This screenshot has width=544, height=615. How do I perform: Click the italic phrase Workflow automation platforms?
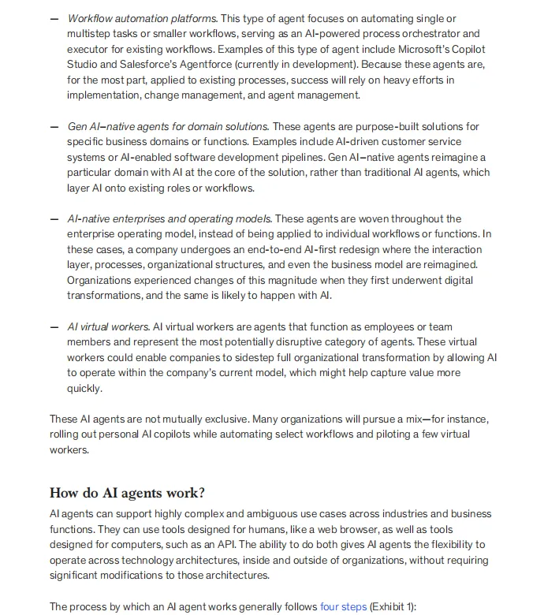tap(142, 18)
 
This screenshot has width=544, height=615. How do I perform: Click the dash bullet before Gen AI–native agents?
tap(54, 127)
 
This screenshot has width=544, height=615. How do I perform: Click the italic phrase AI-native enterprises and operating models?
tap(170, 218)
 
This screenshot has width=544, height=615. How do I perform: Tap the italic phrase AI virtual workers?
tap(108, 326)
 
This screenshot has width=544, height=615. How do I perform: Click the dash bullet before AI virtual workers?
tap(54, 326)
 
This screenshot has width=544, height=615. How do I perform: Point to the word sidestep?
tap(279, 357)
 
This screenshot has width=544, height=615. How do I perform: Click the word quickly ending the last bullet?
tap(84, 388)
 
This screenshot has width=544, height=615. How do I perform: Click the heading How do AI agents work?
tap(127, 493)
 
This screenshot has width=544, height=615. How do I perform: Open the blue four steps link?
tap(343, 606)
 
